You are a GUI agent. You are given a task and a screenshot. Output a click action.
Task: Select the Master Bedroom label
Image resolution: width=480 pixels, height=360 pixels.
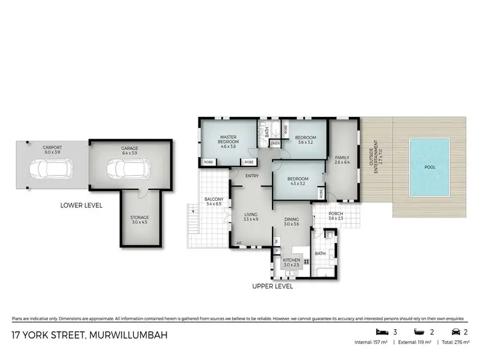tap(228, 141)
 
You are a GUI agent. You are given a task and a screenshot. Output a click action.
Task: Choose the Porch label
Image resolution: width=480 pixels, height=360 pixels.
tap(336, 215)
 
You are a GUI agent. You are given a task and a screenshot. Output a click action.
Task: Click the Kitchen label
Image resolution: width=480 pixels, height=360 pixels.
tap(291, 262)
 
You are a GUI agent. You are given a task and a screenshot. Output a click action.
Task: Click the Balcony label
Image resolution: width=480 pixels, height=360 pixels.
tap(214, 203)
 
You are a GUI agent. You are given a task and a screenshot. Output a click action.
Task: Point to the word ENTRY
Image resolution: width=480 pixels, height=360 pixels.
tap(252, 176)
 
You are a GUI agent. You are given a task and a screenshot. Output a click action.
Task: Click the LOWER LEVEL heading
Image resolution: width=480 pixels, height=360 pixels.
tap(81, 205)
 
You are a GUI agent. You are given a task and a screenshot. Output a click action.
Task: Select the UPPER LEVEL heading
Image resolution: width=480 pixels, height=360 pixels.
tap(272, 286)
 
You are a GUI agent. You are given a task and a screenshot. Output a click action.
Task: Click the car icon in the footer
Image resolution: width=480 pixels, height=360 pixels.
tap(454, 333)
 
